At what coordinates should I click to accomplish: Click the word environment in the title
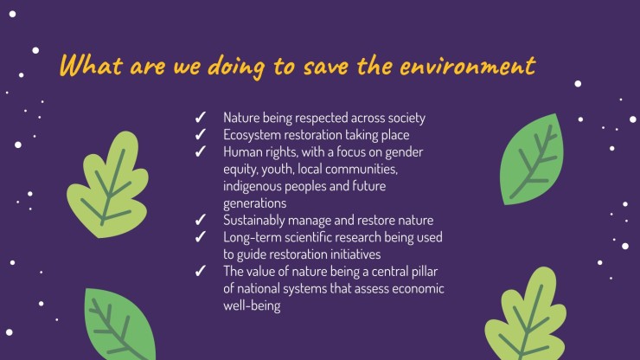pos(468,66)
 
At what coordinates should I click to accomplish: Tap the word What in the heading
pos(91,66)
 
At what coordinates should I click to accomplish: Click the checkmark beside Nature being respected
pos(201,118)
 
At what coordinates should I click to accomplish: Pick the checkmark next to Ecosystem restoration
pos(201,134)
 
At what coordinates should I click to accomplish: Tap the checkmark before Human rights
pos(201,151)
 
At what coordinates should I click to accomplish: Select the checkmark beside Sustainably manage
pos(201,220)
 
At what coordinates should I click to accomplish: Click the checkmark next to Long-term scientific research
pos(201,237)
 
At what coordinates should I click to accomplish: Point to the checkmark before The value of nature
pos(201,271)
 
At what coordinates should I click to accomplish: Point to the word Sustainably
pos(254,221)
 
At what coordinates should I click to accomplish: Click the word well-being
pos(252,305)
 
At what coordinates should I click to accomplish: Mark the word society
pos(406,118)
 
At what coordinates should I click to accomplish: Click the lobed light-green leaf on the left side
pos(107,184)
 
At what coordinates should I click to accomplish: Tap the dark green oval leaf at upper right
pos(531,159)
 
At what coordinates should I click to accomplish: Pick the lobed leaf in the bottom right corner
pos(526,315)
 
